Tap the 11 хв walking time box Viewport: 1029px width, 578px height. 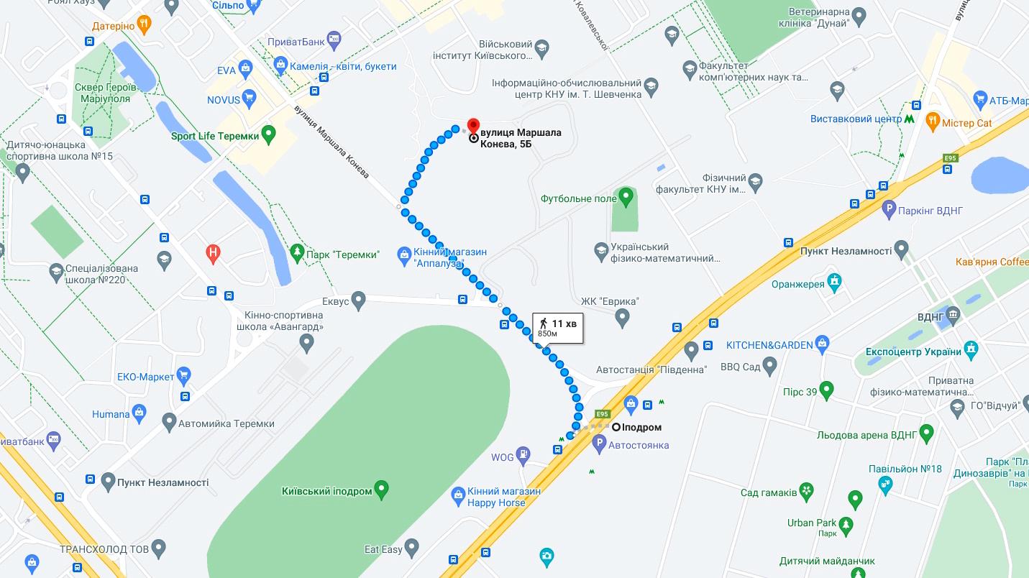558,328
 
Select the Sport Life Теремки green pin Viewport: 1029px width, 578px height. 269,134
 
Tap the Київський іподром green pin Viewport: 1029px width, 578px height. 382,490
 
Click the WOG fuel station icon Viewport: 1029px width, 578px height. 523,455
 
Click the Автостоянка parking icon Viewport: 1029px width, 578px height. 600,445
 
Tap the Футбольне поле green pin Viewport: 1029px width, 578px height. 626,196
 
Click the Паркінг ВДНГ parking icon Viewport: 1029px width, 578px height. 889,210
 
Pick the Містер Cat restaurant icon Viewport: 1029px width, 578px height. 933,121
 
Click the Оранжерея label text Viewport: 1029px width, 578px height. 797,284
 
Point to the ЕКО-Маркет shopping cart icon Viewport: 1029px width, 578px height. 184,375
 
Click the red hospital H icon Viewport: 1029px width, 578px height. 213,252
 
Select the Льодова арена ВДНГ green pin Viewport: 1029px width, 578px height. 927,433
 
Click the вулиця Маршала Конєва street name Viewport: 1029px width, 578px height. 331,142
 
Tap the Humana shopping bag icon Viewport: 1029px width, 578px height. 140,412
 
